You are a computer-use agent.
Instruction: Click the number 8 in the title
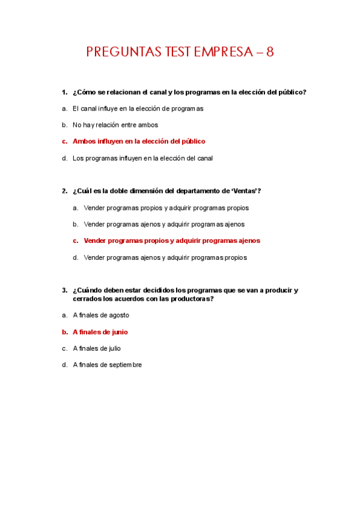pos(270,52)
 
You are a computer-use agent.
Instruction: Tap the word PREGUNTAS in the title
pos(124,52)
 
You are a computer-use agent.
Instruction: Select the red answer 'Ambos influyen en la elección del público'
pos(139,141)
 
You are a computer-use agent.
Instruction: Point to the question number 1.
pos(64,92)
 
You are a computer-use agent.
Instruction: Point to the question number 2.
pos(64,191)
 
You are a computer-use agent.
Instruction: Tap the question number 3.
pos(64,290)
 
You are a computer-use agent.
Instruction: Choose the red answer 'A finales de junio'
pos(100,332)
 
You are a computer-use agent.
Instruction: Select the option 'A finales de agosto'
pos(101,315)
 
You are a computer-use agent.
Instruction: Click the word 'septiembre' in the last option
pos(125,364)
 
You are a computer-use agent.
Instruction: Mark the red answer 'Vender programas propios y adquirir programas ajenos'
pos(172,241)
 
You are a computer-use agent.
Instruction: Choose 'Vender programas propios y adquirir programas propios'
pos(166,208)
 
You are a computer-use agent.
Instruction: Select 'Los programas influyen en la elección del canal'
pos(142,158)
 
